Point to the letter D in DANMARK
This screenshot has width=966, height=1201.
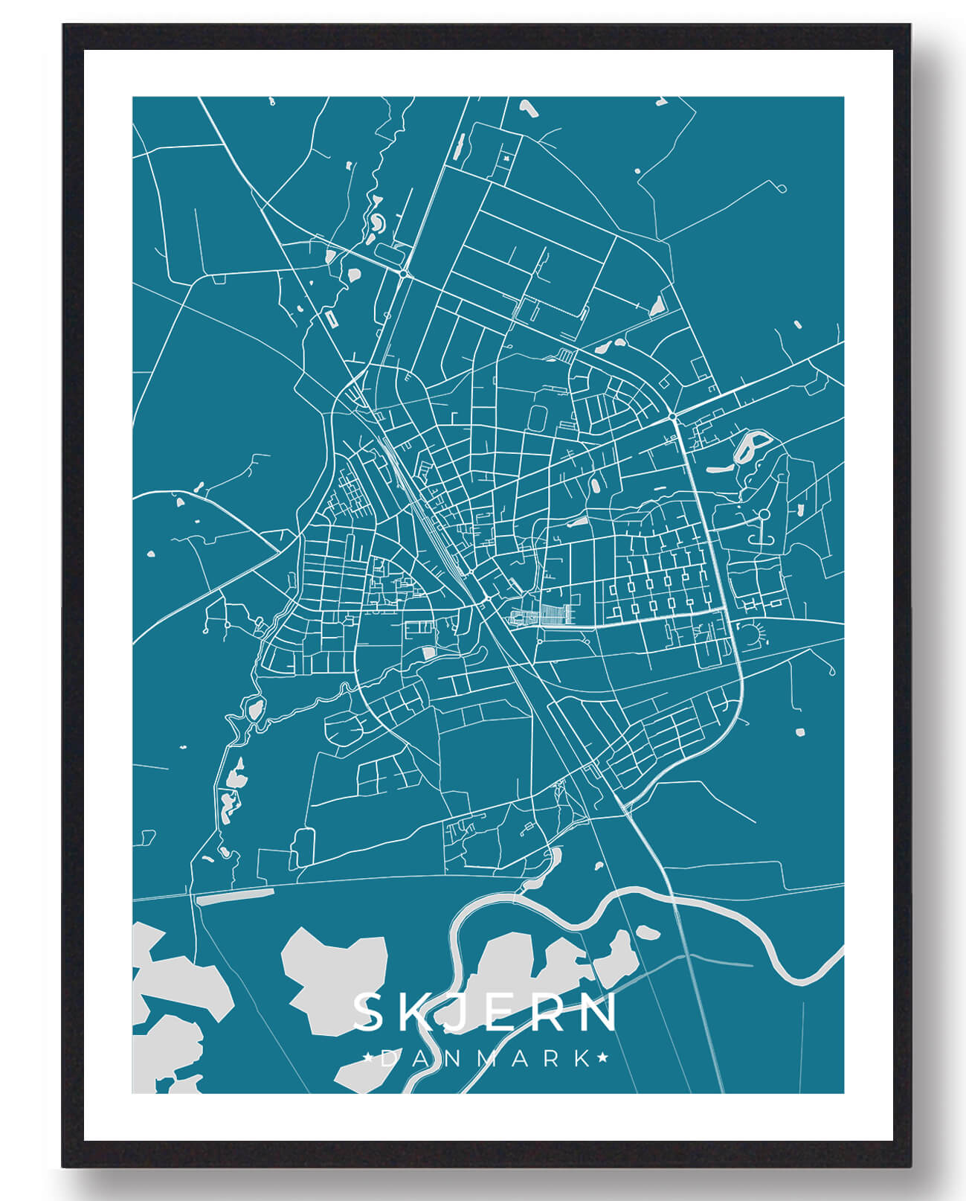[x=388, y=1058]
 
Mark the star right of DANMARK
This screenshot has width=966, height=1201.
[x=602, y=1057]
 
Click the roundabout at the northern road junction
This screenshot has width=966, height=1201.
[x=403, y=274]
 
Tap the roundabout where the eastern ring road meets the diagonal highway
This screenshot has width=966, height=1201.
[x=672, y=415]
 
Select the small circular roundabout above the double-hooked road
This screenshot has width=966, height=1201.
[x=764, y=514]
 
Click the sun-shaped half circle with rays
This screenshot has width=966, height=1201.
[x=750, y=633]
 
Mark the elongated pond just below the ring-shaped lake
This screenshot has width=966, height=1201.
[x=718, y=470]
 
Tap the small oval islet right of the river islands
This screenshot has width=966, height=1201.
[x=645, y=932]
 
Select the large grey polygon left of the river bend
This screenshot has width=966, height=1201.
[x=332, y=975]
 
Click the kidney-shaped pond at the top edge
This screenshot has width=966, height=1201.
[x=527, y=108]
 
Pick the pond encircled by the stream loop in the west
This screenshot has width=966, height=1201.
[x=255, y=710]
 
